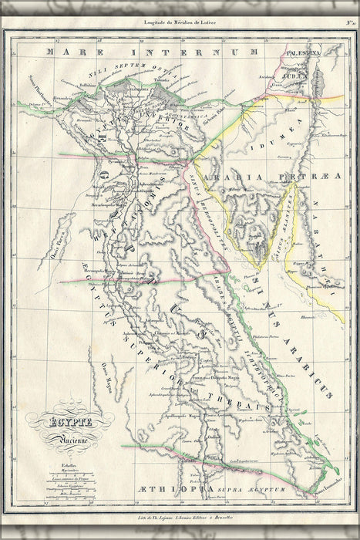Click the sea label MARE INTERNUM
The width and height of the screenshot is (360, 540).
[x=150, y=52]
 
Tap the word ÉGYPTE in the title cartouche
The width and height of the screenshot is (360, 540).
[x=69, y=424]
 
